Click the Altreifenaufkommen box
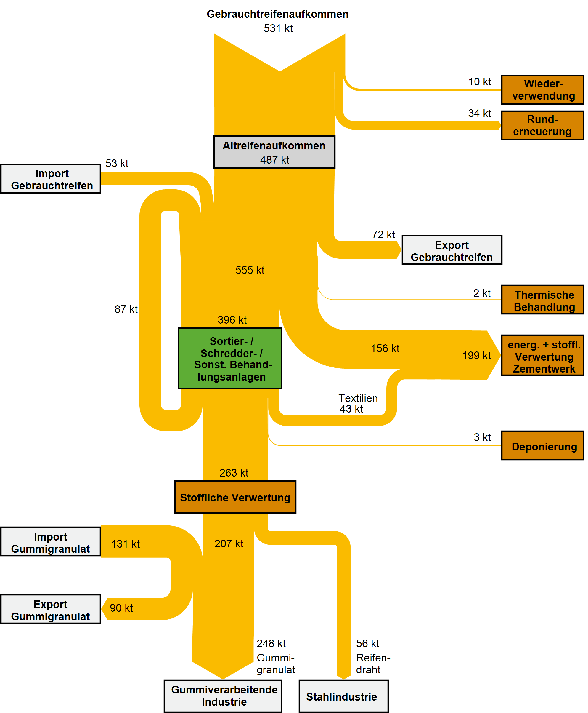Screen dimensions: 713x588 pyautogui.click(x=274, y=152)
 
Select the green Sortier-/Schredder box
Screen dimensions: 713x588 pyautogui.click(x=230, y=358)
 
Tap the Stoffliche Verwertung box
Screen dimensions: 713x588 pyautogui.click(x=235, y=497)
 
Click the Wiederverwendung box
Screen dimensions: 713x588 pyautogui.click(x=542, y=90)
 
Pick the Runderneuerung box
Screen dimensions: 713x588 pyautogui.click(x=542, y=125)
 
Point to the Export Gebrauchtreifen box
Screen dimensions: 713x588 pyautogui.click(x=452, y=250)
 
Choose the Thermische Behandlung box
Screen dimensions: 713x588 pyautogui.click(x=542, y=300)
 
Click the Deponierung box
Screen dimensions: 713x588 pyautogui.click(x=542, y=445)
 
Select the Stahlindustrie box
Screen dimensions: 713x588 pyautogui.click(x=343, y=696)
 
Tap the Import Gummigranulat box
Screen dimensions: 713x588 pyautogui.click(x=50, y=541)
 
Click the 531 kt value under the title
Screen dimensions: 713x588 pyautogui.click(x=278, y=28)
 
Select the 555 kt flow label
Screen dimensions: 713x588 pyautogui.click(x=250, y=270)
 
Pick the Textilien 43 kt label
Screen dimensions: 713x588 pyautogui.click(x=357, y=403)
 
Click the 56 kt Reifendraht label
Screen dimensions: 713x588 pyautogui.click(x=372, y=656)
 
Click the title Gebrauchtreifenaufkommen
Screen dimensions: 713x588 pyautogui.click(x=277, y=14)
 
